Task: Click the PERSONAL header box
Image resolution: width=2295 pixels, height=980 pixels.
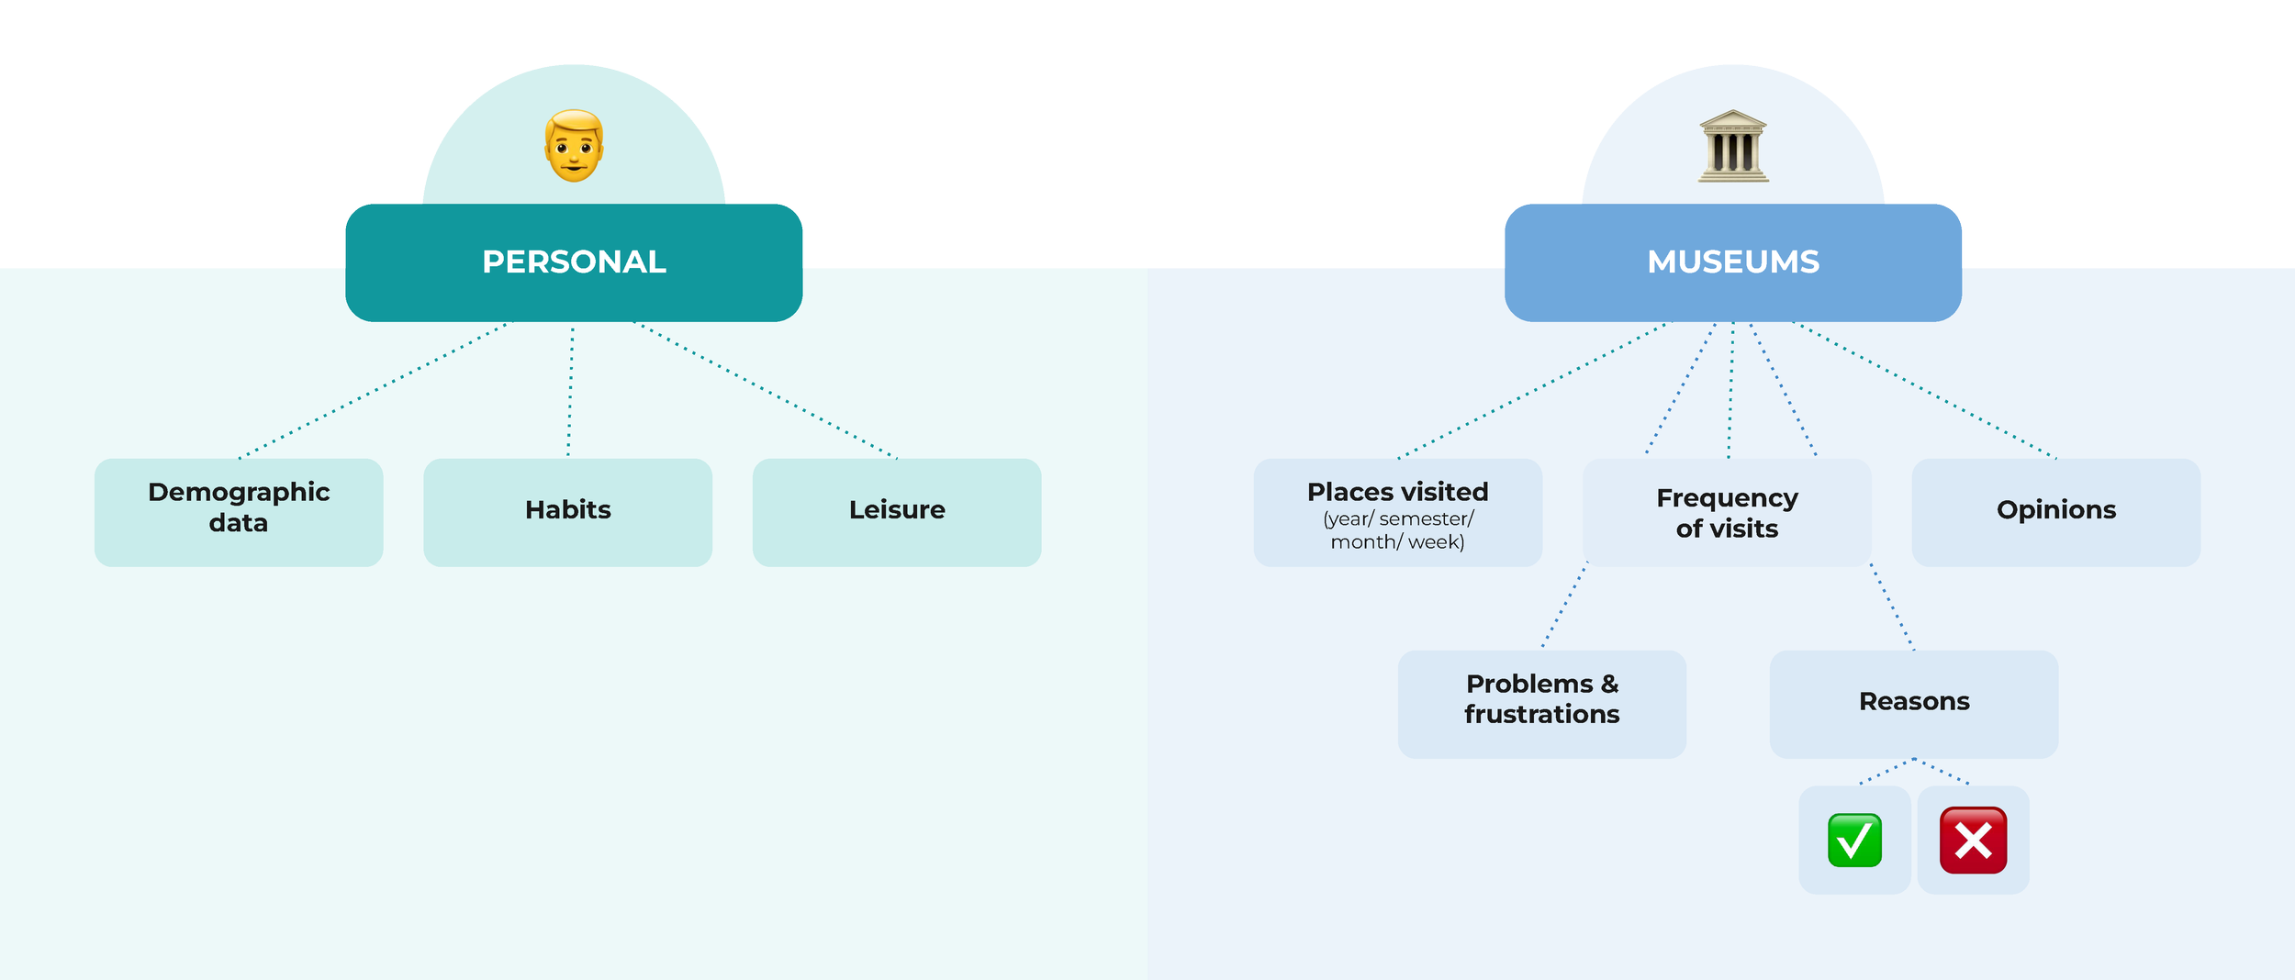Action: (574, 262)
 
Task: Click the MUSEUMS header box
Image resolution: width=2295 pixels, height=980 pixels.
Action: (1732, 262)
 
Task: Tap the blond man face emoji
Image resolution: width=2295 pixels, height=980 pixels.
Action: (575, 146)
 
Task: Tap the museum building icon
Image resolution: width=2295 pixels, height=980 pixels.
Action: (1732, 147)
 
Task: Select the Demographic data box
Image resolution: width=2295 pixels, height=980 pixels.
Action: (239, 512)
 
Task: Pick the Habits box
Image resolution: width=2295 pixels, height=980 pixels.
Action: (567, 512)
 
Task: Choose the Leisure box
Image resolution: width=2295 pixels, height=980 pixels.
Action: (897, 512)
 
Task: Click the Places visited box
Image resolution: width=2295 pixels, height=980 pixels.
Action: (1397, 512)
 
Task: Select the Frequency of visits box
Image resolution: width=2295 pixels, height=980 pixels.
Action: (1727, 512)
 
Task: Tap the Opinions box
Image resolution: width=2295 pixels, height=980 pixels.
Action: (2055, 512)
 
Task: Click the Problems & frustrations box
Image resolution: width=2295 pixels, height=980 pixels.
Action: (1541, 704)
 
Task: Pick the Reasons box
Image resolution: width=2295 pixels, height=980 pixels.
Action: (1914, 704)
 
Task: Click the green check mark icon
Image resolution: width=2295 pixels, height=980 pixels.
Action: (1854, 840)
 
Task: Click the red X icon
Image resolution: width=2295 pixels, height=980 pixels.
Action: (1973, 840)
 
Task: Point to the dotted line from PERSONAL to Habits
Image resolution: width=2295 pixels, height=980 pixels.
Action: (571, 390)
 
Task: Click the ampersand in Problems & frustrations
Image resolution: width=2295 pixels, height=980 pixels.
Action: (1609, 685)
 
